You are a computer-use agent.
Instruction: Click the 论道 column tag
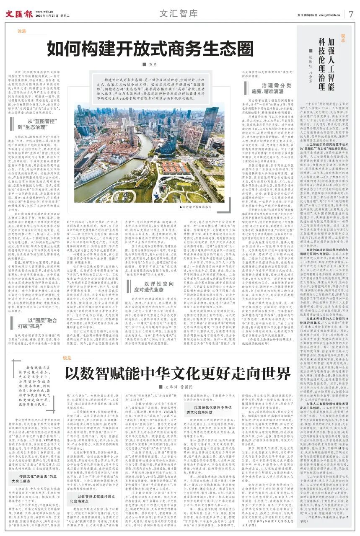click(x=21, y=31)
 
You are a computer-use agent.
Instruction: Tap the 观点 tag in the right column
click(x=344, y=36)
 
